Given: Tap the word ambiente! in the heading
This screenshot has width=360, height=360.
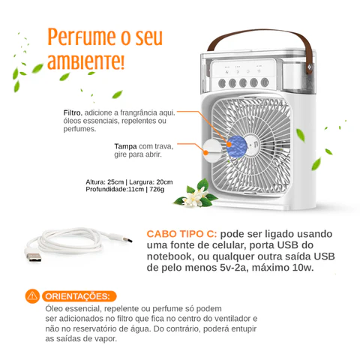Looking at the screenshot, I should (x=86, y=60).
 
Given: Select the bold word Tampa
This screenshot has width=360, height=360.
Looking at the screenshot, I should (x=125, y=147).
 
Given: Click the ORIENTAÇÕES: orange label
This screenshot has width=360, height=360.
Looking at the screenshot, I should (x=79, y=295).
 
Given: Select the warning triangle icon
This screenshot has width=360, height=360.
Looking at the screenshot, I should (x=32, y=295).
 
